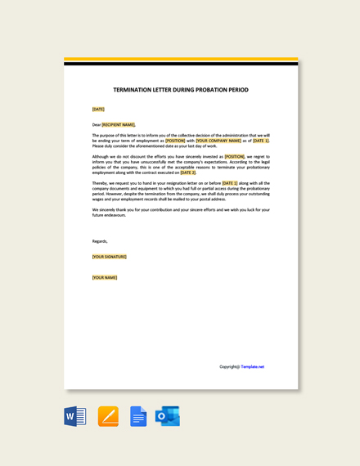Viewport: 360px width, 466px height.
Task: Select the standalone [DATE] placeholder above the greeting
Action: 98,109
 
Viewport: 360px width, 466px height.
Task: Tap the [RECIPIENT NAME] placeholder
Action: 118,125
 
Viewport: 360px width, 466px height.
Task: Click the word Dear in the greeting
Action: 96,125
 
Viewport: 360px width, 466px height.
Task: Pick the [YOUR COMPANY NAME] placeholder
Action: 218,141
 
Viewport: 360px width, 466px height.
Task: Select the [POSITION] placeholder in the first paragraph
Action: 175,141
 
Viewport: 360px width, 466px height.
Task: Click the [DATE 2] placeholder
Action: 188,173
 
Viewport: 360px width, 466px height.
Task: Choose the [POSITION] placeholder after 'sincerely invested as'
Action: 234,156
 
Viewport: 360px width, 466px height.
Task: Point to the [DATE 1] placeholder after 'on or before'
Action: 229,183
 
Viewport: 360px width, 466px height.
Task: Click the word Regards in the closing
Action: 100,241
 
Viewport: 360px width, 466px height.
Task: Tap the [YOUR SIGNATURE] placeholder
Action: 109,257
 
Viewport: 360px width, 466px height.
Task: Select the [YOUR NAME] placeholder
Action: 105,277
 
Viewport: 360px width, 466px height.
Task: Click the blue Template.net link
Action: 252,366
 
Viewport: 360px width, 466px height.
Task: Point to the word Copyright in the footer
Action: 229,366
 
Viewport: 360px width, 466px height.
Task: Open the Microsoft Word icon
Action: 75,416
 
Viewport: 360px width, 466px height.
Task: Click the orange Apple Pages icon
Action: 108,416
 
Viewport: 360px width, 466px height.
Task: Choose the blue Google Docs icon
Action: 138,416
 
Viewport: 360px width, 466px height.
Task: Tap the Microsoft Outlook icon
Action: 168,416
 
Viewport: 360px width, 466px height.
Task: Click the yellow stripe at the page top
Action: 181,59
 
